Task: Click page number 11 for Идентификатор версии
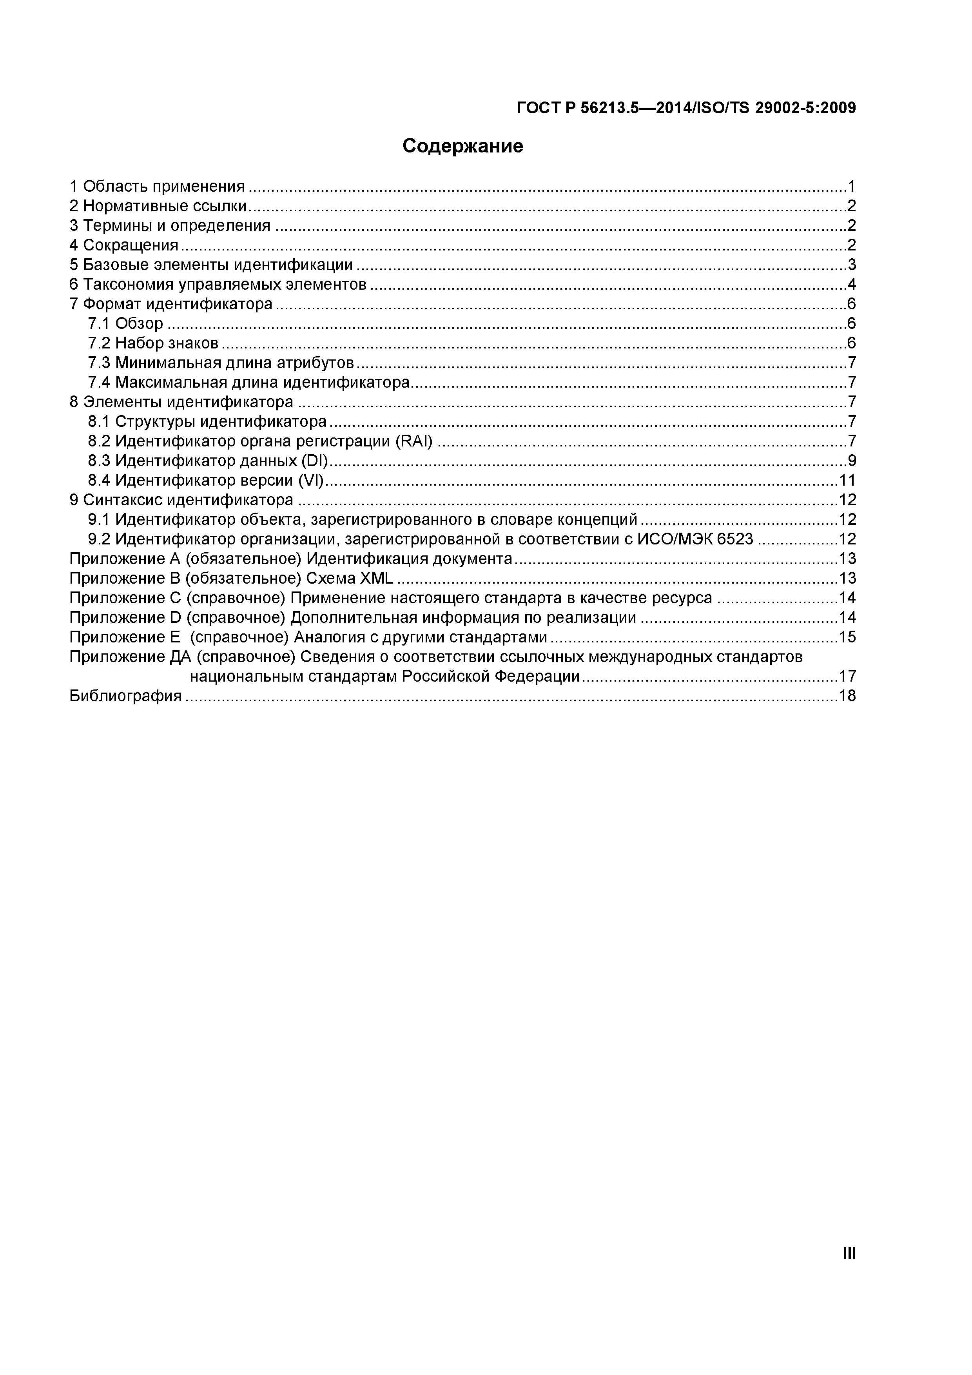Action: pyautogui.click(x=847, y=480)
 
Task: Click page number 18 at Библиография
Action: pyautogui.click(x=847, y=696)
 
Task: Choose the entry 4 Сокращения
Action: pyautogui.click(x=124, y=245)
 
